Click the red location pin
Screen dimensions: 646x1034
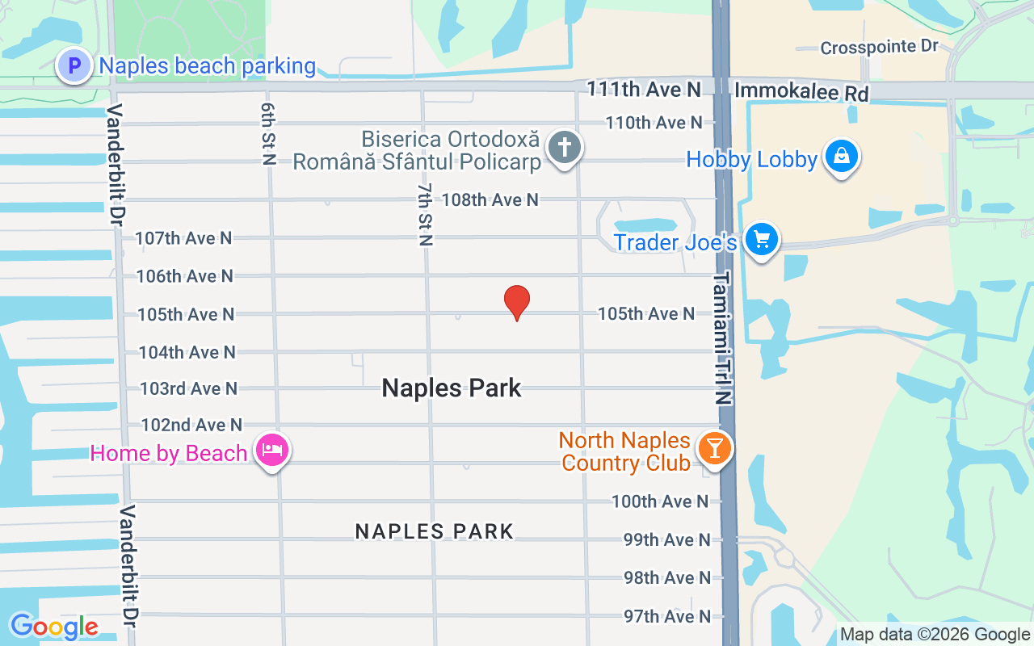tap(517, 302)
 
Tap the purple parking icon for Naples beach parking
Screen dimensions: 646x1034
tap(74, 65)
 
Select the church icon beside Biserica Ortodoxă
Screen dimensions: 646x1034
tap(565, 148)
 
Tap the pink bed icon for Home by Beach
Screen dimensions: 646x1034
tap(272, 450)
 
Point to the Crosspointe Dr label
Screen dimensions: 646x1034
tap(879, 48)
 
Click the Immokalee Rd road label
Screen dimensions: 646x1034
tap(801, 92)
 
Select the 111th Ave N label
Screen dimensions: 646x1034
tap(643, 89)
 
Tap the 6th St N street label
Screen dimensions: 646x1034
tap(268, 133)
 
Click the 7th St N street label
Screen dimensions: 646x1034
tap(425, 214)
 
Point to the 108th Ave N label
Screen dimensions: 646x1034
tap(490, 199)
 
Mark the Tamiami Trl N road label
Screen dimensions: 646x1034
tap(722, 338)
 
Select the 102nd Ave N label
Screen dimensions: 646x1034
tap(191, 425)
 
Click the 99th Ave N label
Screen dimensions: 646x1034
tap(667, 539)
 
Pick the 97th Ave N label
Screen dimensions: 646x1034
tap(667, 616)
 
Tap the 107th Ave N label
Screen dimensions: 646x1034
tap(183, 238)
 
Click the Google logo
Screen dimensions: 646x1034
tap(54, 627)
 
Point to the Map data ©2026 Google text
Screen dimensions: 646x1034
tap(935, 635)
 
